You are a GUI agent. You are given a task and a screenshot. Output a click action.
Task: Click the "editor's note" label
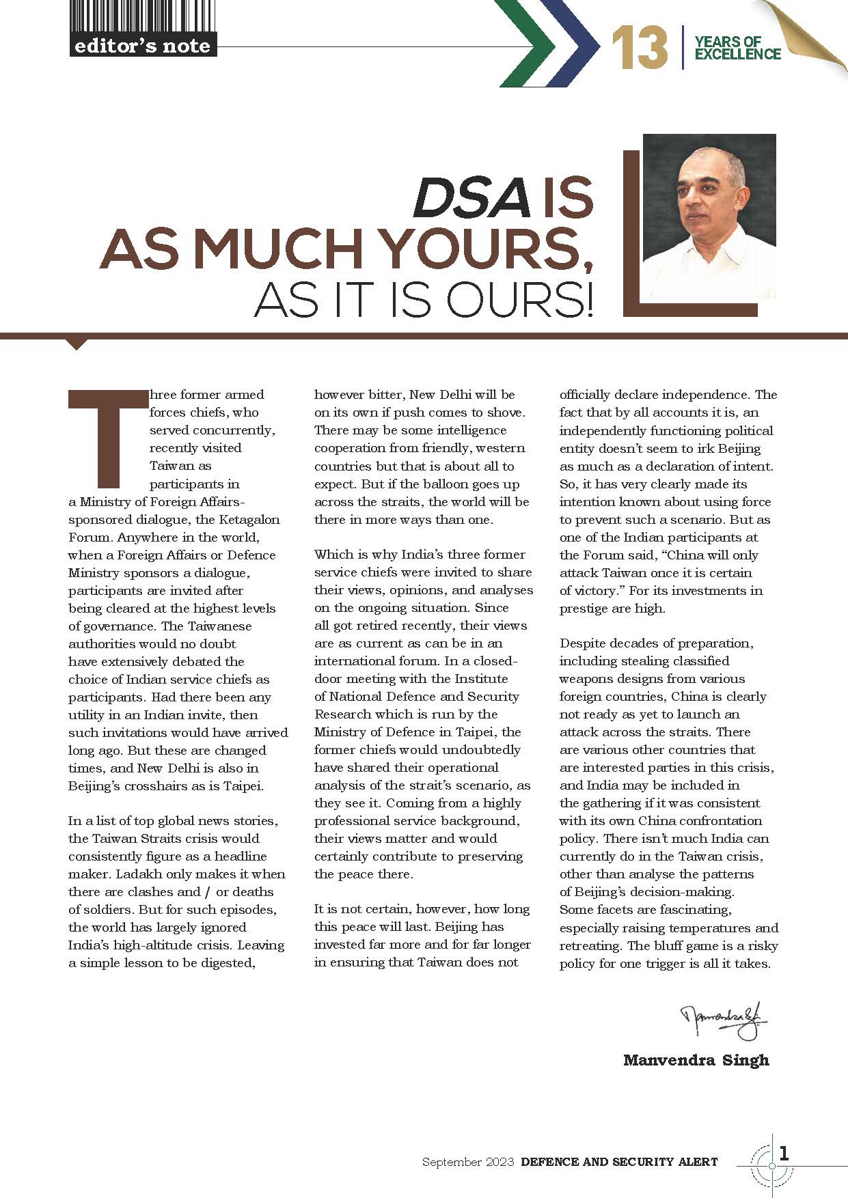click(142, 46)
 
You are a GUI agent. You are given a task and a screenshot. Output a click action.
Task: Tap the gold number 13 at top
click(640, 48)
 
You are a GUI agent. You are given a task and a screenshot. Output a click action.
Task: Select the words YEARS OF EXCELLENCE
click(737, 48)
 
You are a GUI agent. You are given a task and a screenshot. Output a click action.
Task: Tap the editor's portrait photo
click(709, 217)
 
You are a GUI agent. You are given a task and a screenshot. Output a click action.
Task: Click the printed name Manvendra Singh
click(696, 1060)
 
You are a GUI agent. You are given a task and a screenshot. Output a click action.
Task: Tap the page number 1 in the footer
click(784, 1154)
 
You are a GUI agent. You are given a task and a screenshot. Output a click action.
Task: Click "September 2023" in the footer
click(467, 1162)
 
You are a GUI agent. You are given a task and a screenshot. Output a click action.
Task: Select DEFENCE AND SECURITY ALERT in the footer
click(619, 1162)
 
